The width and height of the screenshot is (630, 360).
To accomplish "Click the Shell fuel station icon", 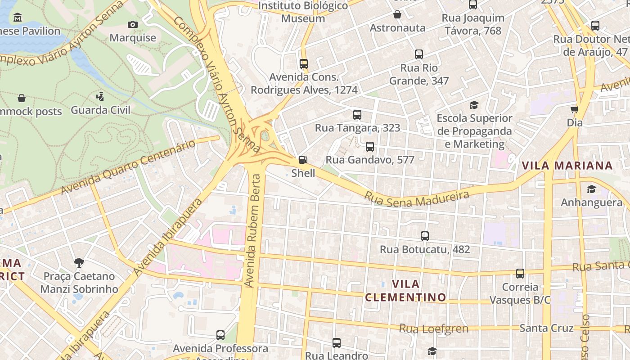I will tap(303, 160).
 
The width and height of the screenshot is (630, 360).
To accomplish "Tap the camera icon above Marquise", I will tap(133, 24).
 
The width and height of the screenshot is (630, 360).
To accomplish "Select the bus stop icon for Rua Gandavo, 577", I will tap(370, 146).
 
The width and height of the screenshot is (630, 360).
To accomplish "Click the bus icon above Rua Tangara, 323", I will tap(357, 114).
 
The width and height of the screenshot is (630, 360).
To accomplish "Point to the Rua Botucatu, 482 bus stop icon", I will tap(425, 236).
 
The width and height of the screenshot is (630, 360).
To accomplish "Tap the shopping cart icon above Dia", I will tap(575, 109).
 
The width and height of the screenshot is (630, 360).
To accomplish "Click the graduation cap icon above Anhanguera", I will tap(591, 189).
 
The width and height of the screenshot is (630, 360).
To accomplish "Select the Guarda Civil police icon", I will tap(100, 96).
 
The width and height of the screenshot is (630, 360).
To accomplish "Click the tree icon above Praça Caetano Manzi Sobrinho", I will tap(79, 262).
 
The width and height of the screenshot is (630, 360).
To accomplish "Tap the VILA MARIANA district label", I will tap(567, 166).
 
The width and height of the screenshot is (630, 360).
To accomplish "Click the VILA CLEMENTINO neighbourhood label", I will tap(405, 291).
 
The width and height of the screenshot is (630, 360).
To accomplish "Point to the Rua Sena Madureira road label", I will tap(417, 198).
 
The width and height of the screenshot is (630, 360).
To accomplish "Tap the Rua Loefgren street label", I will tap(434, 328).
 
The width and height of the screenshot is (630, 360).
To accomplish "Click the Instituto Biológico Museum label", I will tap(303, 12).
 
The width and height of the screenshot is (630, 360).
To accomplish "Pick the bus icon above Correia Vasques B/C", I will tap(520, 273).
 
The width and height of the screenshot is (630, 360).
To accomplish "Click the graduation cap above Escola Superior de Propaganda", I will tap(474, 105).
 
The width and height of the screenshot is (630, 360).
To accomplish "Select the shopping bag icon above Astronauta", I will tap(397, 15).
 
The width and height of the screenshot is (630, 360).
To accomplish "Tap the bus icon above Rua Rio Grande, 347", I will tap(419, 54).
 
